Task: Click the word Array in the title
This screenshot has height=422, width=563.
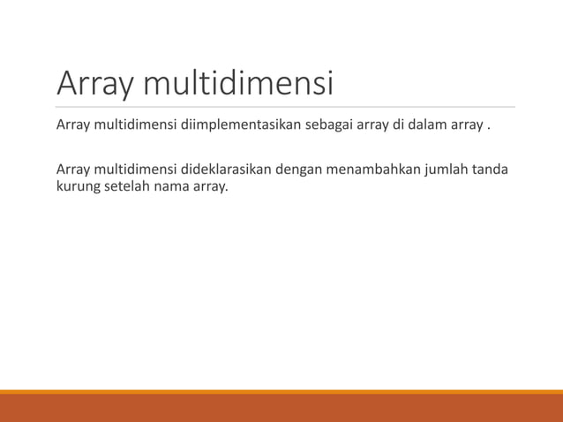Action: click(95, 84)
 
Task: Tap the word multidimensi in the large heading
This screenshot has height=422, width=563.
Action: click(238, 84)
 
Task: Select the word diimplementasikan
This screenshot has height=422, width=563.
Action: click(236, 124)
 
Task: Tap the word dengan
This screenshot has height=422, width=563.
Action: click(299, 169)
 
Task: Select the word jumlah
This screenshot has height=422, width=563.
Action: click(447, 169)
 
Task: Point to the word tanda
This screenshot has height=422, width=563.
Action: click(490, 169)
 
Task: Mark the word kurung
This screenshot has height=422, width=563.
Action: click(78, 186)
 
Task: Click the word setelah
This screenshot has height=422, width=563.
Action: click(129, 186)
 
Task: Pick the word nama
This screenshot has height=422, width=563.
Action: click(173, 186)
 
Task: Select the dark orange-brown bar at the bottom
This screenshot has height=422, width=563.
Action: click(281, 408)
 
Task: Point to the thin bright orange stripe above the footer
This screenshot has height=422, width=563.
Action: click(281, 391)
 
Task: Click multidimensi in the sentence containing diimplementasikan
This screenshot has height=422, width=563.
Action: click(135, 124)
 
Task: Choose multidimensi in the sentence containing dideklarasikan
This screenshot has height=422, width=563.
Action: click(135, 169)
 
